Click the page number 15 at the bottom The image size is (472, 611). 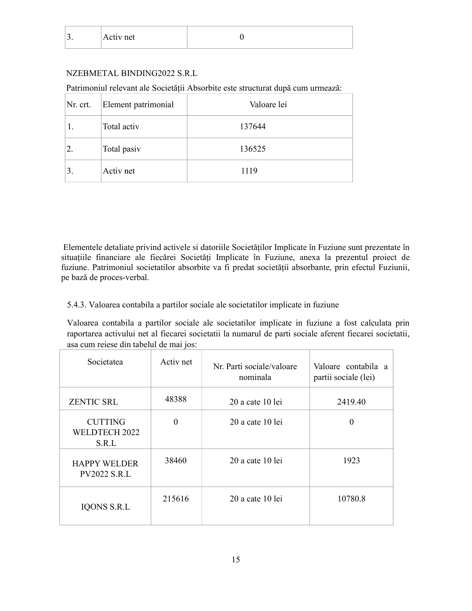click(x=236, y=559)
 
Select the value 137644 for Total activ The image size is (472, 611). click(x=253, y=127)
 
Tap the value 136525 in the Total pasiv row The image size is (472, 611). click(x=253, y=149)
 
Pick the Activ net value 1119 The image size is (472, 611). click(x=249, y=171)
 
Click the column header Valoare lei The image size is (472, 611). click(x=268, y=105)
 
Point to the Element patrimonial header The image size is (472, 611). click(x=138, y=105)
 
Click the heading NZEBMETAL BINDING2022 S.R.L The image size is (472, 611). click(x=131, y=73)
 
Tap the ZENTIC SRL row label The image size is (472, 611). click(x=93, y=402)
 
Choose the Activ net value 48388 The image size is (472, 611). click(x=175, y=399)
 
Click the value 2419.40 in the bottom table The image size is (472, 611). click(x=351, y=402)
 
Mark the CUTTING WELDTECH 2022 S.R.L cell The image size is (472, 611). click(x=106, y=432)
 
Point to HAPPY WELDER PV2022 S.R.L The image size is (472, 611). click(x=105, y=469)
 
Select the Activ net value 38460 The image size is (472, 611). click(x=175, y=460)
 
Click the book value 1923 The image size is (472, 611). click(x=351, y=460)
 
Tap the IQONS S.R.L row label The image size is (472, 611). click(x=105, y=507)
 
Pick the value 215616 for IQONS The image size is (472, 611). click(x=175, y=498)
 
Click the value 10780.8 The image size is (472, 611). click(x=351, y=498)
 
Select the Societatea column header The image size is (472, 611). click(x=105, y=361)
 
